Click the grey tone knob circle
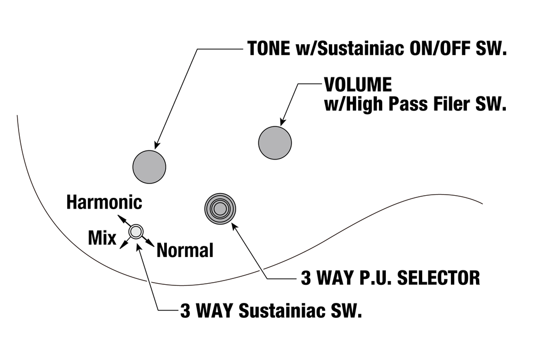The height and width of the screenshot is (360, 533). [x=149, y=167]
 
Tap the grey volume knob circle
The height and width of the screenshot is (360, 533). [x=275, y=142]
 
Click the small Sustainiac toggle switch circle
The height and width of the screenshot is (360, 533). [x=136, y=231]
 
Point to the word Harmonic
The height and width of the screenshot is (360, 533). [x=104, y=202]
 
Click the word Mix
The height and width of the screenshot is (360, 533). [x=102, y=238]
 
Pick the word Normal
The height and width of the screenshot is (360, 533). [x=185, y=250]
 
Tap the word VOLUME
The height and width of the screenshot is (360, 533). [x=358, y=85]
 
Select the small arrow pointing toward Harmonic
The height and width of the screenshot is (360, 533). [x=120, y=219]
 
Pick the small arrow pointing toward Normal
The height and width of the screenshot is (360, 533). [x=151, y=244]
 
